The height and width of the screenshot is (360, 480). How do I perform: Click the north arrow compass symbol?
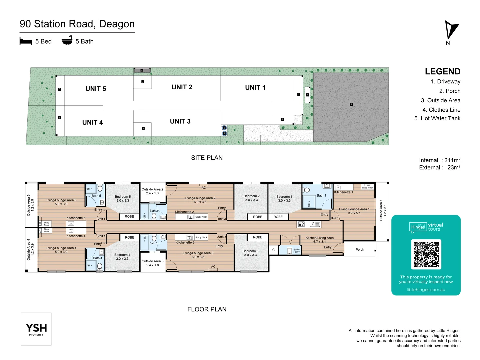(451, 31)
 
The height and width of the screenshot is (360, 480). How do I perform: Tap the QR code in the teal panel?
(426, 254)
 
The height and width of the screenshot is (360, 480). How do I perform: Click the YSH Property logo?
(36, 329)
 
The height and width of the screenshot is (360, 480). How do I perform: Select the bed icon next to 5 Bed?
(26, 41)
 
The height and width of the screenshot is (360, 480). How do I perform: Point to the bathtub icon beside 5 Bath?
(67, 41)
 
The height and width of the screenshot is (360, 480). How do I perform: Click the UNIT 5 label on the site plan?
(96, 89)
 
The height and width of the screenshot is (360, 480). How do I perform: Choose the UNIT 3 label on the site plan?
(180, 121)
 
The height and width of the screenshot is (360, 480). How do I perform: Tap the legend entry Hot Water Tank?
(437, 118)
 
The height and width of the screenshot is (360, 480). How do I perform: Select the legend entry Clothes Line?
(441, 110)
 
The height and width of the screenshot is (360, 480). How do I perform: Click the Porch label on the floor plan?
(360, 249)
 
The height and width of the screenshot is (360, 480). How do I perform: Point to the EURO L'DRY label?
(296, 251)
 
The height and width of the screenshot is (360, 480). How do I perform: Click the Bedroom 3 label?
(250, 251)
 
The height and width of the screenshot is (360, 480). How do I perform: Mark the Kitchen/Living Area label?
(319, 238)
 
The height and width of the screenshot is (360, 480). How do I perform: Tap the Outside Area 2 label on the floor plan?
(152, 189)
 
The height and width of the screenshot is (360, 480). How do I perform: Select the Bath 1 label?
(321, 195)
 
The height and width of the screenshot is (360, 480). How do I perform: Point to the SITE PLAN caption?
(207, 158)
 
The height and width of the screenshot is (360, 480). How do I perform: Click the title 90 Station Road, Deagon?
(77, 24)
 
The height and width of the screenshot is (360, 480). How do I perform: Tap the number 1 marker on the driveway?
(351, 104)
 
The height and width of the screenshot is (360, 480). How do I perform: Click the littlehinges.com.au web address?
(426, 290)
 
